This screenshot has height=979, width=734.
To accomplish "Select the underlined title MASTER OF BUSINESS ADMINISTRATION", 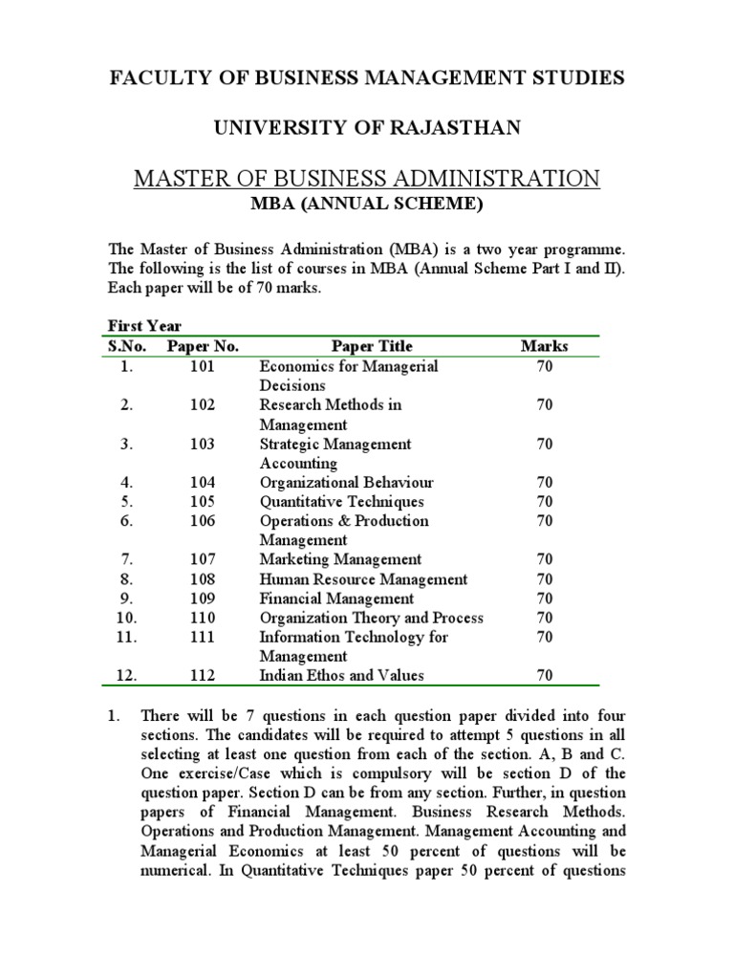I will click(x=367, y=178).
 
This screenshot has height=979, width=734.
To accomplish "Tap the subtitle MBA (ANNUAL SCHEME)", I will click(x=367, y=204).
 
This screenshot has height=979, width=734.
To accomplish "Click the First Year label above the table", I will click(x=144, y=326).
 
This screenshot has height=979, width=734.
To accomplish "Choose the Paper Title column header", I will click(x=372, y=346).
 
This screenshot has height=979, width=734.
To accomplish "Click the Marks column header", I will click(x=544, y=346).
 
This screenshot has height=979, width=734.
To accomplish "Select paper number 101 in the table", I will click(x=203, y=366).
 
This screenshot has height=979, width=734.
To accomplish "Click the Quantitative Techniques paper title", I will click(x=341, y=502).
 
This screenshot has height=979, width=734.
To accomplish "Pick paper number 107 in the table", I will click(x=203, y=559).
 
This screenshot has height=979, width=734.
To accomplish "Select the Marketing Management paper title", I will click(x=340, y=559).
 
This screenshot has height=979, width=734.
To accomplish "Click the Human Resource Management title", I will click(x=363, y=579).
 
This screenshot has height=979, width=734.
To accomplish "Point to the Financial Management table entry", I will click(x=336, y=598).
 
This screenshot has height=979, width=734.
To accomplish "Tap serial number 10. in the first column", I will click(x=127, y=618).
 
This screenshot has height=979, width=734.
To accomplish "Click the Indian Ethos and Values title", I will click(x=341, y=676).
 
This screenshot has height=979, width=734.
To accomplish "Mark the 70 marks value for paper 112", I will click(x=544, y=676).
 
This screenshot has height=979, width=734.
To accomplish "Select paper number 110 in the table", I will click(x=203, y=618).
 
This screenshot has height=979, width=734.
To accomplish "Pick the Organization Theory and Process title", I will click(x=371, y=618).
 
